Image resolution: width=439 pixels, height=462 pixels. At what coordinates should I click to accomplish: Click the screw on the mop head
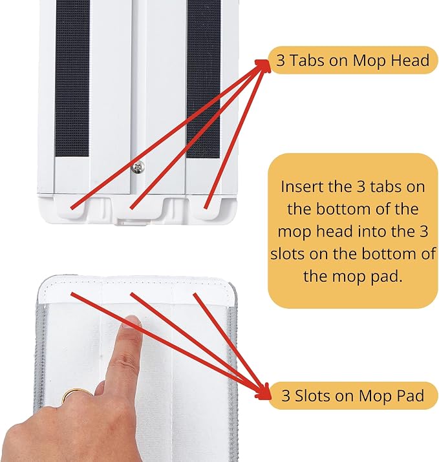(138, 167)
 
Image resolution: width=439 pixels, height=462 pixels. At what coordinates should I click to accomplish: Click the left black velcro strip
(72, 78)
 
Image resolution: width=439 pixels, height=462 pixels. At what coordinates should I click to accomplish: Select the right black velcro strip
(204, 79)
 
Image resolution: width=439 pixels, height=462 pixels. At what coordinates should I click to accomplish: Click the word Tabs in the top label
(306, 60)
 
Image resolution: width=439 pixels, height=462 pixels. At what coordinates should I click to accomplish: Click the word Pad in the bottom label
(412, 395)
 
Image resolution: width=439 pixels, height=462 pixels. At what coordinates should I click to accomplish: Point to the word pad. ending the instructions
(387, 277)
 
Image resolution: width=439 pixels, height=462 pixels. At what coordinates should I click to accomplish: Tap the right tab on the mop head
(207, 207)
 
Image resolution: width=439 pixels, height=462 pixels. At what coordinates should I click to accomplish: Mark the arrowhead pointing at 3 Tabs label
(263, 65)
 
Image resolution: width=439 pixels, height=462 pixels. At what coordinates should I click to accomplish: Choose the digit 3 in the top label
(281, 61)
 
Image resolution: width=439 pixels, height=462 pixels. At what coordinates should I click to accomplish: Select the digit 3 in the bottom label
(286, 395)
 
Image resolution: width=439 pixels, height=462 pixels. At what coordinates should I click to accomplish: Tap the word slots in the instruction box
(288, 254)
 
